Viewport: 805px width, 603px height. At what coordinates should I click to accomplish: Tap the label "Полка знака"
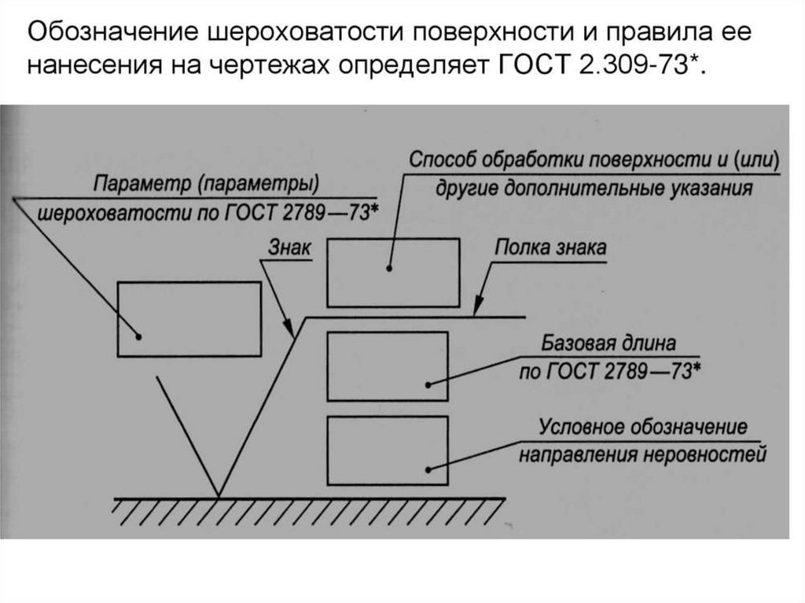pyautogui.click(x=550, y=248)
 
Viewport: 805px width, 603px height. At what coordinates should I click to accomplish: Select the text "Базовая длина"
pyautogui.click(x=608, y=344)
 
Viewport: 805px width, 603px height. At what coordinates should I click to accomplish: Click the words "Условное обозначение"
pyautogui.click(x=642, y=428)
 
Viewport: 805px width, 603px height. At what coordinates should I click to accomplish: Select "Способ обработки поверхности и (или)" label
pyautogui.click(x=593, y=160)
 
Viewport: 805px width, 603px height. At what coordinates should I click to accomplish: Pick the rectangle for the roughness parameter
pyautogui.click(x=189, y=318)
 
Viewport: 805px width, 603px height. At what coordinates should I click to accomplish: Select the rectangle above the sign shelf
pyautogui.click(x=393, y=272)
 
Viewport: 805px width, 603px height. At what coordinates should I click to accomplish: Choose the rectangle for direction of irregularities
pyautogui.click(x=387, y=450)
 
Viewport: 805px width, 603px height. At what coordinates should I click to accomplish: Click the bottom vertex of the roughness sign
pyautogui.click(x=218, y=496)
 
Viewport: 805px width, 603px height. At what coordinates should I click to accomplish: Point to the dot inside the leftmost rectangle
pyautogui.click(x=138, y=336)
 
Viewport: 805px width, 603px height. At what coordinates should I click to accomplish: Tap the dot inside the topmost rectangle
pyautogui.click(x=389, y=269)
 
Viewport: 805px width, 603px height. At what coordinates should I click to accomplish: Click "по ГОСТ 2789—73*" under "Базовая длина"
pyautogui.click(x=610, y=370)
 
